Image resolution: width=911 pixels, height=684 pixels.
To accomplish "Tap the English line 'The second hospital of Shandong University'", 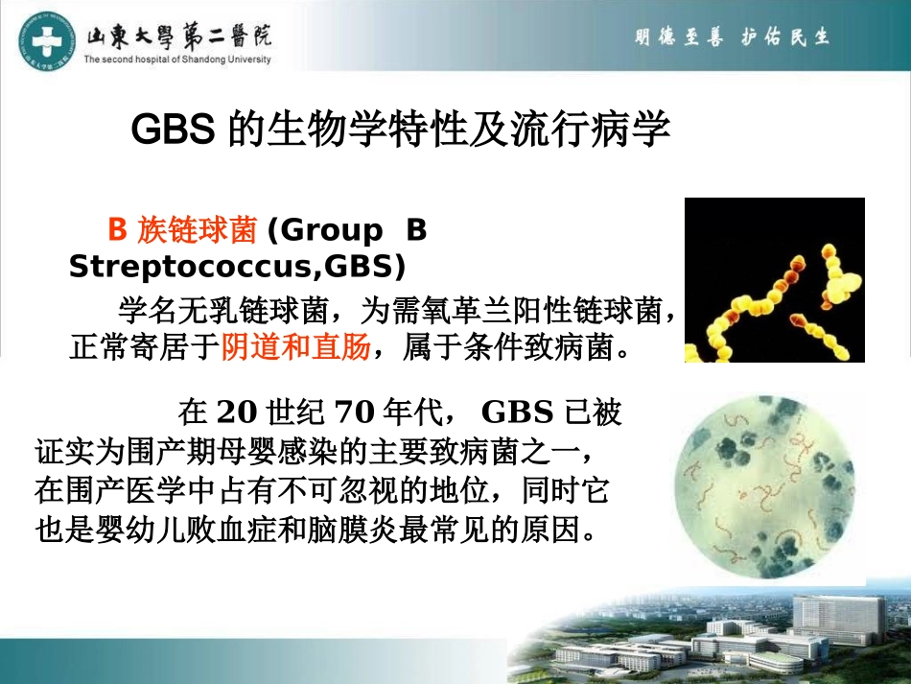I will point(177,59).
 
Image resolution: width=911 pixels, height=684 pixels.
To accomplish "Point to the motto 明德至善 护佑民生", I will point(732,37).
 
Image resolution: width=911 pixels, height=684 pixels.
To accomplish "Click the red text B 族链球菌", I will point(182,231).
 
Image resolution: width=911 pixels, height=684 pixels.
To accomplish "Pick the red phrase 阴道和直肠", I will point(295,346).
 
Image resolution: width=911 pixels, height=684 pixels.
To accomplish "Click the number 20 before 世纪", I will point(238,413).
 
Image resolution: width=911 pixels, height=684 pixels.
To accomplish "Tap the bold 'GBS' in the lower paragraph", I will point(517,413).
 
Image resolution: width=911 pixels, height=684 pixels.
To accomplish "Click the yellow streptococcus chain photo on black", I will point(774,279).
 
